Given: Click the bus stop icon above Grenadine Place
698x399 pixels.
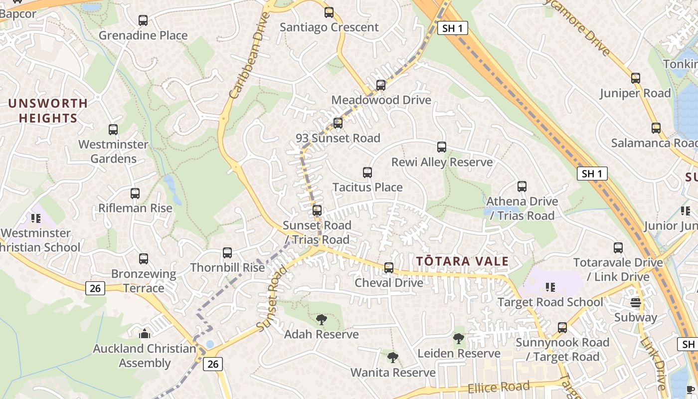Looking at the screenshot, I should [x=143, y=20].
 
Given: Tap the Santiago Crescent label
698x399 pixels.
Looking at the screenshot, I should [x=329, y=27].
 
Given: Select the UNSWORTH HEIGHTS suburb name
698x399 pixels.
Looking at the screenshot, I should [x=48, y=111].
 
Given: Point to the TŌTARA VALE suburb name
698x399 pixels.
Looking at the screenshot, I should [x=462, y=261].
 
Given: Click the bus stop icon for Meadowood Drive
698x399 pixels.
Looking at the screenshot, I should [x=381, y=85].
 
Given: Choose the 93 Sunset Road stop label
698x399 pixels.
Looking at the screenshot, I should [x=338, y=138].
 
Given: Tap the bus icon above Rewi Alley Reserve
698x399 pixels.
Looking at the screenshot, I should [x=442, y=147].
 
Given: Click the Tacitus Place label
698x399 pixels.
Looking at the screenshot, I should [x=367, y=188].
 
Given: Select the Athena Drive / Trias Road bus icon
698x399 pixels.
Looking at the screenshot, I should [x=522, y=187].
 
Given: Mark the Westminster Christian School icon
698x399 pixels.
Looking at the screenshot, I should [x=35, y=218].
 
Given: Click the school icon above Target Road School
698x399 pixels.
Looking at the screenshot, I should [x=550, y=287].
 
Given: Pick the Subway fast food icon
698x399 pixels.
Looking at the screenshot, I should [x=635, y=302].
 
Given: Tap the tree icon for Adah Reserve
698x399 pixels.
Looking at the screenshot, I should [x=321, y=319].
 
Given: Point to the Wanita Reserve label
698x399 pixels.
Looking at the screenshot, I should [x=393, y=373].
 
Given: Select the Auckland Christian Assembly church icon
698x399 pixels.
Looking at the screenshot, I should [x=145, y=334].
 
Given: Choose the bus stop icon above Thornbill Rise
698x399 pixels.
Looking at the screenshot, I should [x=227, y=253].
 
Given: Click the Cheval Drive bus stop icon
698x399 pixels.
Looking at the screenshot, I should [x=389, y=268].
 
